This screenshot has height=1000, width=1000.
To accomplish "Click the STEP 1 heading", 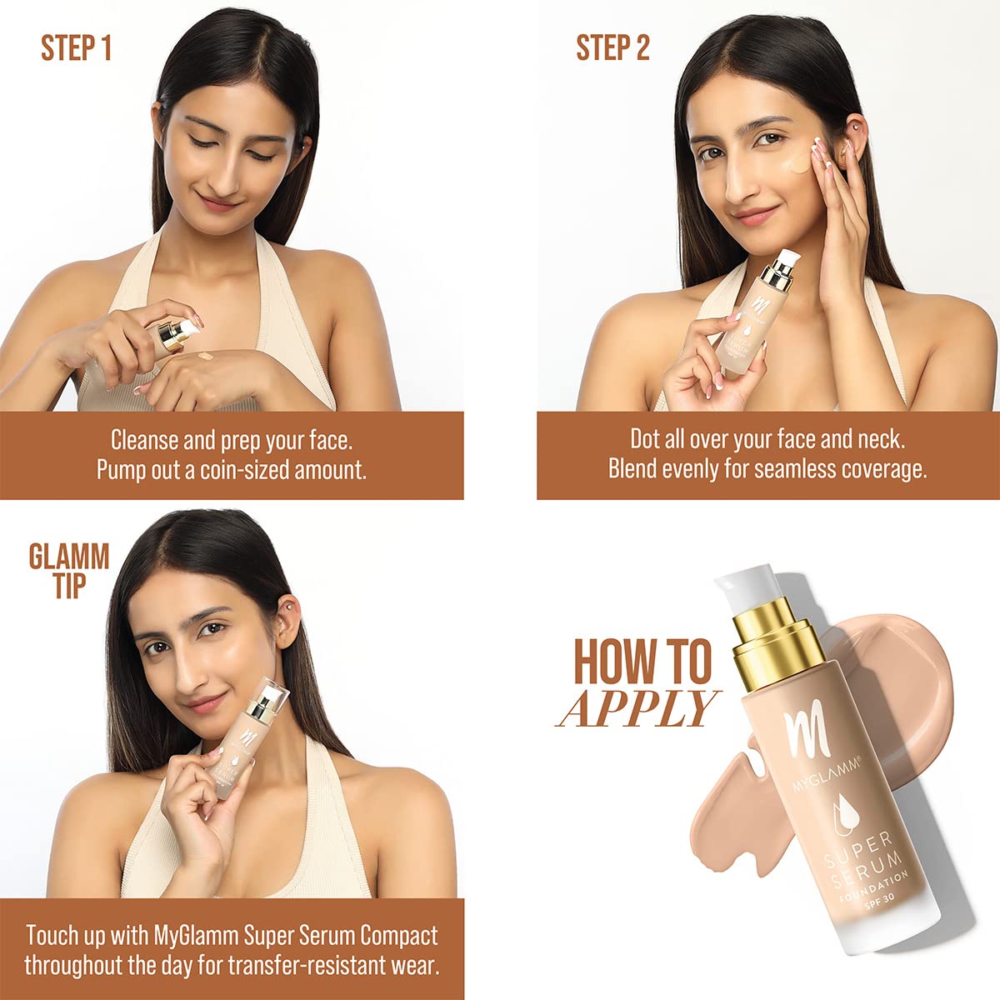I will coord(76,48).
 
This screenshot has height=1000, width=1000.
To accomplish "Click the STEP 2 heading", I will coord(612,48).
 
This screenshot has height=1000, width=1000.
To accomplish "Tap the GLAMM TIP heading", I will coord(69,571).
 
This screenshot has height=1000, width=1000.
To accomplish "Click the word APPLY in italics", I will coord(637,708).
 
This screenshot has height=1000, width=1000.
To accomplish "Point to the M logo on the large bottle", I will coord(800,733).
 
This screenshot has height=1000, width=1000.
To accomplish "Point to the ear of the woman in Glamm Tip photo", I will coord(286,617).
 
